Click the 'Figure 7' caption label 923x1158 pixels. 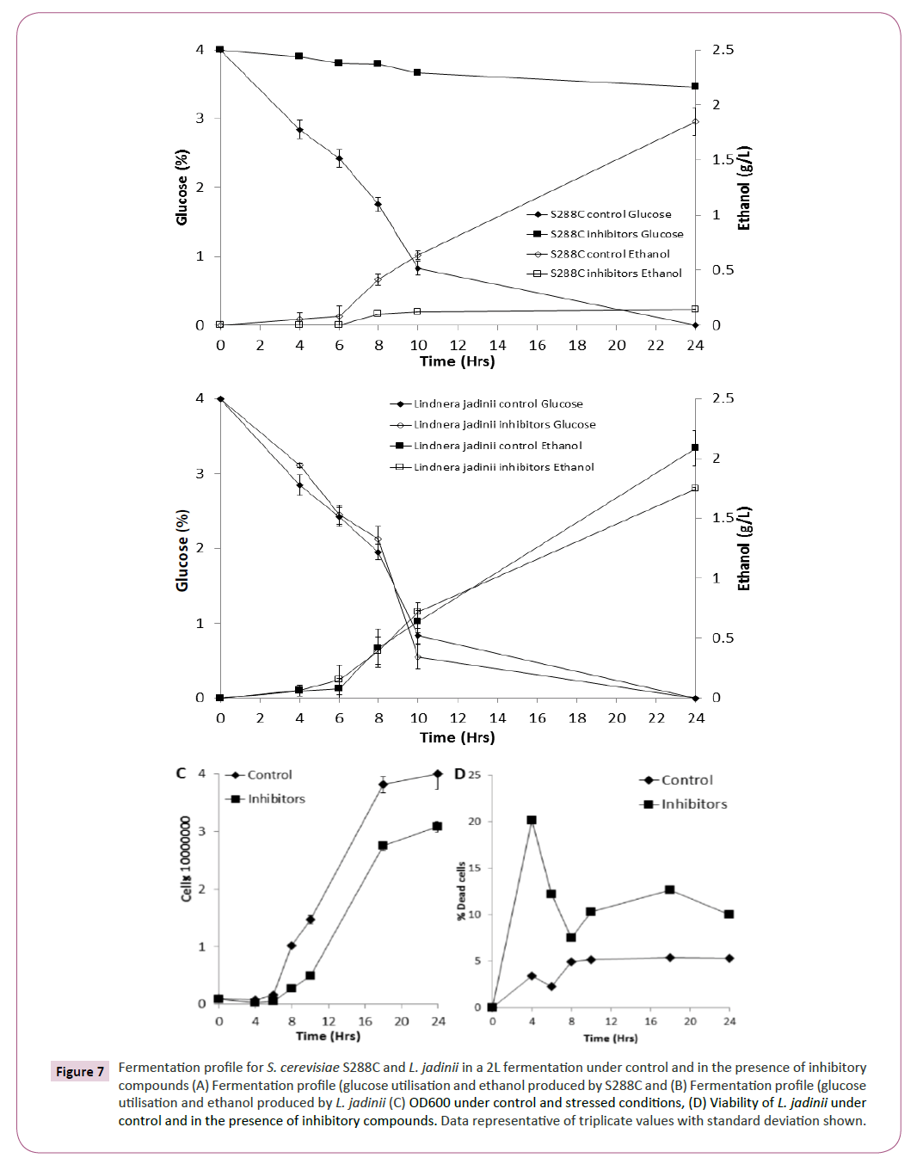(x=80, y=1071)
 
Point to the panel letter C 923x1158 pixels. (x=181, y=773)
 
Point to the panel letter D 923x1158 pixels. (x=460, y=774)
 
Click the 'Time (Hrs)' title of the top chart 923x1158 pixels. (x=457, y=361)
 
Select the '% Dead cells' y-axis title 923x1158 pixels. (x=461, y=891)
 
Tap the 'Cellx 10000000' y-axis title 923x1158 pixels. (x=186, y=859)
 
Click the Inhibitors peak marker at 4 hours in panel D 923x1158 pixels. (x=532, y=821)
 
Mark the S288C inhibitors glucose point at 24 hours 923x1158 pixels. (x=695, y=87)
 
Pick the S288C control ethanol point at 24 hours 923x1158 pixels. (x=695, y=121)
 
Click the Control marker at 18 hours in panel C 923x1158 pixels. (x=383, y=785)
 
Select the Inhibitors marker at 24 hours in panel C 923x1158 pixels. (x=437, y=827)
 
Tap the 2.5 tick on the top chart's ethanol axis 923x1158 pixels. (x=723, y=50)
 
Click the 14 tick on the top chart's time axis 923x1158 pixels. (x=497, y=345)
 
